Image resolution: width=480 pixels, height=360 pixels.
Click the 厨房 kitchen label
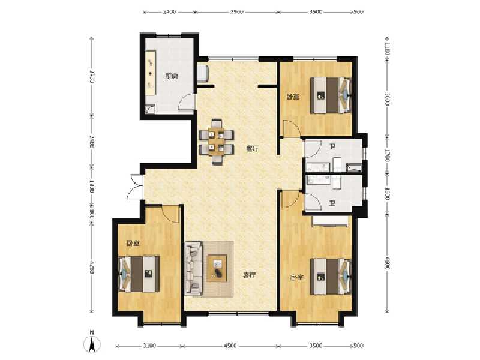pyautogui.click(x=171, y=76)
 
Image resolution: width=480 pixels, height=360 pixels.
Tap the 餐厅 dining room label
pyautogui.click(x=252, y=149)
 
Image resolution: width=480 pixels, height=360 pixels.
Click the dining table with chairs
pyautogui.click(x=216, y=142)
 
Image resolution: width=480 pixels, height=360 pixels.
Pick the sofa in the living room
pyautogui.click(x=194, y=268)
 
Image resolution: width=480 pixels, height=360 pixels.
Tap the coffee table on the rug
pyautogui.click(x=217, y=268)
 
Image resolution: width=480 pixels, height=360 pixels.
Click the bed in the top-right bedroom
pyautogui.click(x=331, y=95)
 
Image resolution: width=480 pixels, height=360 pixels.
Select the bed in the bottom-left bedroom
pyautogui.click(x=140, y=274)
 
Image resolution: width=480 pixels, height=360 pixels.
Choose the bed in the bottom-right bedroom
pyautogui.click(x=331, y=275)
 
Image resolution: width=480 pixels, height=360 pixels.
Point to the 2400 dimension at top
pyautogui.click(x=169, y=12)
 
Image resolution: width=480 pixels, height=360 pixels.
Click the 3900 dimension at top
pyautogui.click(x=236, y=12)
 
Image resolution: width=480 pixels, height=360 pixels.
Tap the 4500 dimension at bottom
pyautogui.click(x=230, y=346)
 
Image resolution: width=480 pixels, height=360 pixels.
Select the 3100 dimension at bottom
pyautogui.click(x=149, y=346)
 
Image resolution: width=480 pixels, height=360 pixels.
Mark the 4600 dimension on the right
pyautogui.click(x=388, y=262)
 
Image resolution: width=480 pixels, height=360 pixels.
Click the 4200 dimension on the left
pyautogui.click(x=92, y=267)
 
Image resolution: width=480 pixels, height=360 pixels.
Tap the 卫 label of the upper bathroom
pyautogui.click(x=332, y=145)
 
